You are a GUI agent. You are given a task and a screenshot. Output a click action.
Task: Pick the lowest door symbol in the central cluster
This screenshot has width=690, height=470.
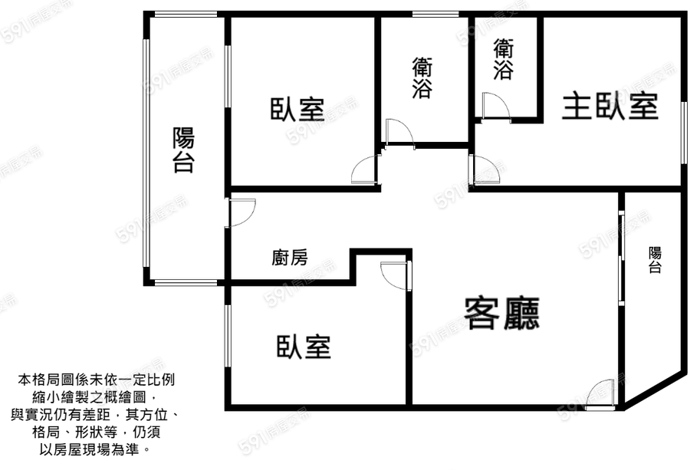pyautogui.click(x=397, y=275)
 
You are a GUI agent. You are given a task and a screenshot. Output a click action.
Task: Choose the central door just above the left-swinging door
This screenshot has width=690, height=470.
pyautogui.click(x=399, y=134)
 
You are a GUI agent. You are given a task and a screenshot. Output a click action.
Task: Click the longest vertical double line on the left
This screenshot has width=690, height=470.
pyautogui.click(x=146, y=153)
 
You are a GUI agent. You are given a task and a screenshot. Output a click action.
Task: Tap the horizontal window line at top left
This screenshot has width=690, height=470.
pyautogui.click(x=186, y=14)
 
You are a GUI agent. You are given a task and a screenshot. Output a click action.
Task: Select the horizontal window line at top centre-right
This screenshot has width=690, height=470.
pyautogui.click(x=435, y=14)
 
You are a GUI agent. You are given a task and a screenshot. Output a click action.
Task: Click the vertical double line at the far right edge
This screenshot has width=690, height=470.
pyautogui.click(x=684, y=133)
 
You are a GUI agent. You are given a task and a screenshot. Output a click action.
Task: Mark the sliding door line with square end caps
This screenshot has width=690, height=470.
pyautogui.click(x=621, y=258)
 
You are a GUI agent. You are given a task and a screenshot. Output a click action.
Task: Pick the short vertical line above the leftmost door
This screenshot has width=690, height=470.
pyautogui.click(x=228, y=76)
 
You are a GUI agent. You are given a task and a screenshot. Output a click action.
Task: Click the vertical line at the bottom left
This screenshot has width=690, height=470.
pyautogui.click(x=228, y=336)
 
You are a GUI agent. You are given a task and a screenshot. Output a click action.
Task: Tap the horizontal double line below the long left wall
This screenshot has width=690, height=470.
pyautogui.click(x=186, y=282)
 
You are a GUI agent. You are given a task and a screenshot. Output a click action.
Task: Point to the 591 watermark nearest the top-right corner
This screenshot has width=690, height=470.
pyautogui.click(x=641, y=86)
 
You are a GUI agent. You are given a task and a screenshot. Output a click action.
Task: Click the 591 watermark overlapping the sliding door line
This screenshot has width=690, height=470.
pyautogui.click(x=614, y=233)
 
